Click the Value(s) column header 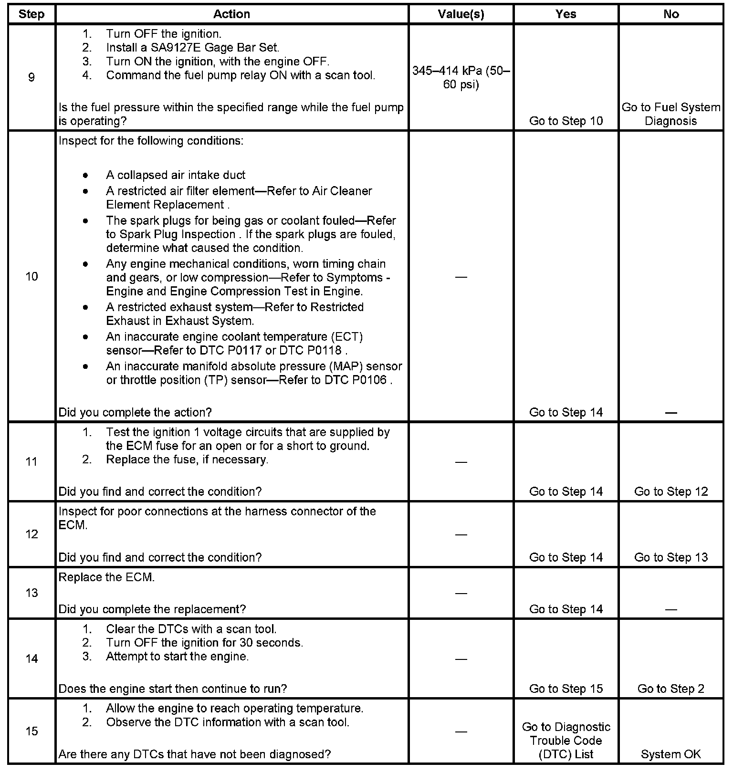tap(461, 14)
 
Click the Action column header tap(231, 14)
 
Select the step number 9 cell tap(31, 77)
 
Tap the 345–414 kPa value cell tap(461, 78)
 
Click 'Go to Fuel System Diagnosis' tap(671, 114)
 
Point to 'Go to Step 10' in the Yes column tap(566, 121)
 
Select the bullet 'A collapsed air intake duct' tap(176, 175)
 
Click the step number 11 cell tap(31, 461)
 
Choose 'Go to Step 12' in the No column tap(671, 491)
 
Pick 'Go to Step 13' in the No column tap(671, 557)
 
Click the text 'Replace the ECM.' tap(106, 577)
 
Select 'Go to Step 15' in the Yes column tap(566, 689)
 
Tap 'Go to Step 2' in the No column tap(671, 689)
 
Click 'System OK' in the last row tap(671, 754)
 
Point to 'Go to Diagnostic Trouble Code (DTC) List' tap(566, 741)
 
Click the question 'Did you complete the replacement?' tap(152, 609)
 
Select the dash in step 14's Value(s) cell tap(461, 659)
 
